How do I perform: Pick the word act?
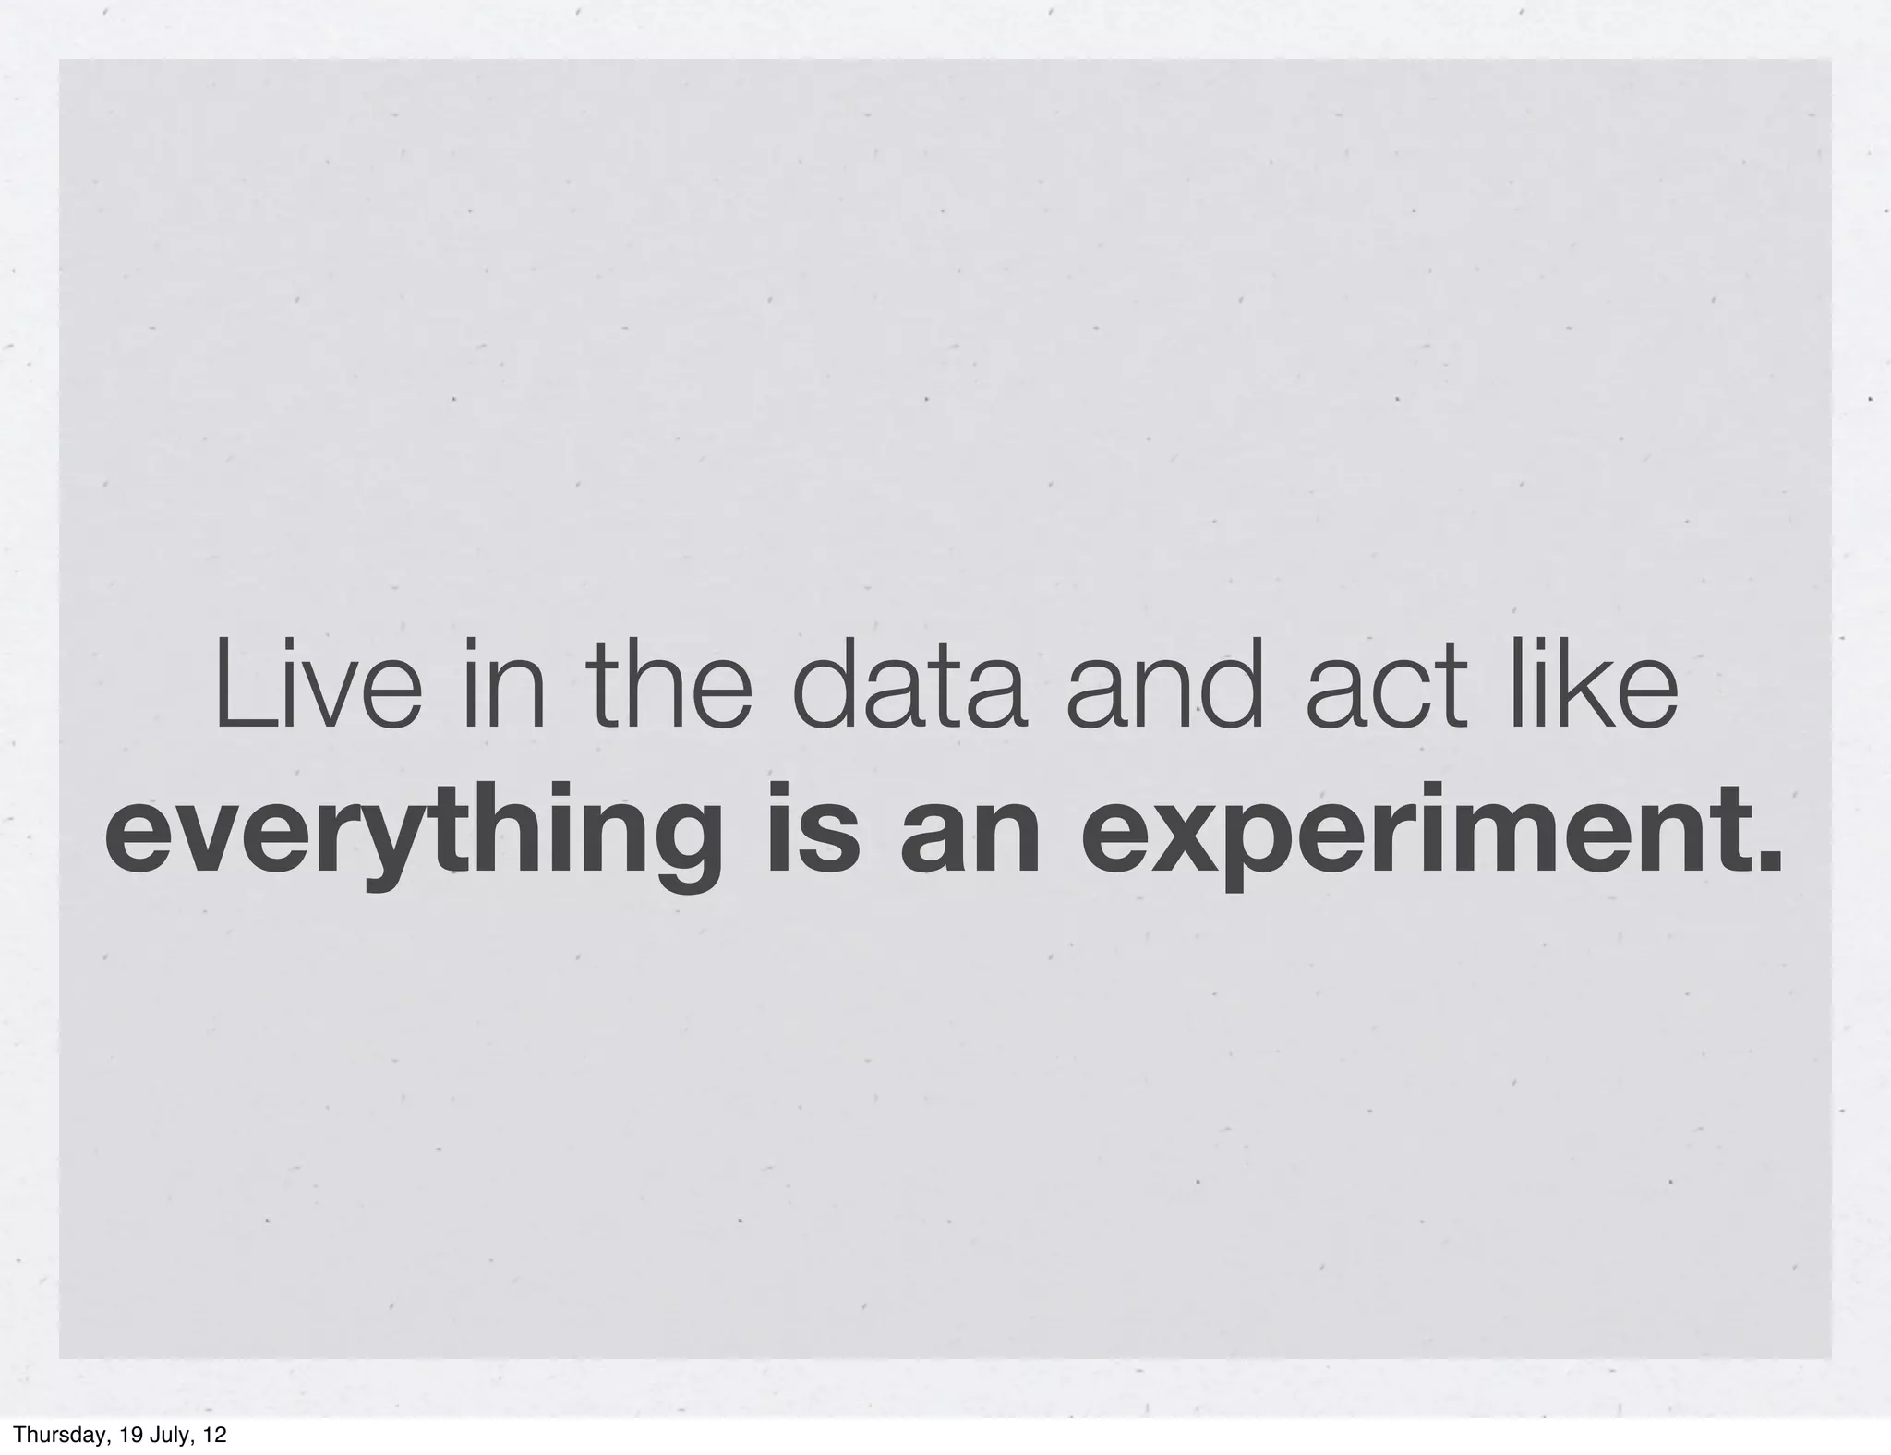1387,688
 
